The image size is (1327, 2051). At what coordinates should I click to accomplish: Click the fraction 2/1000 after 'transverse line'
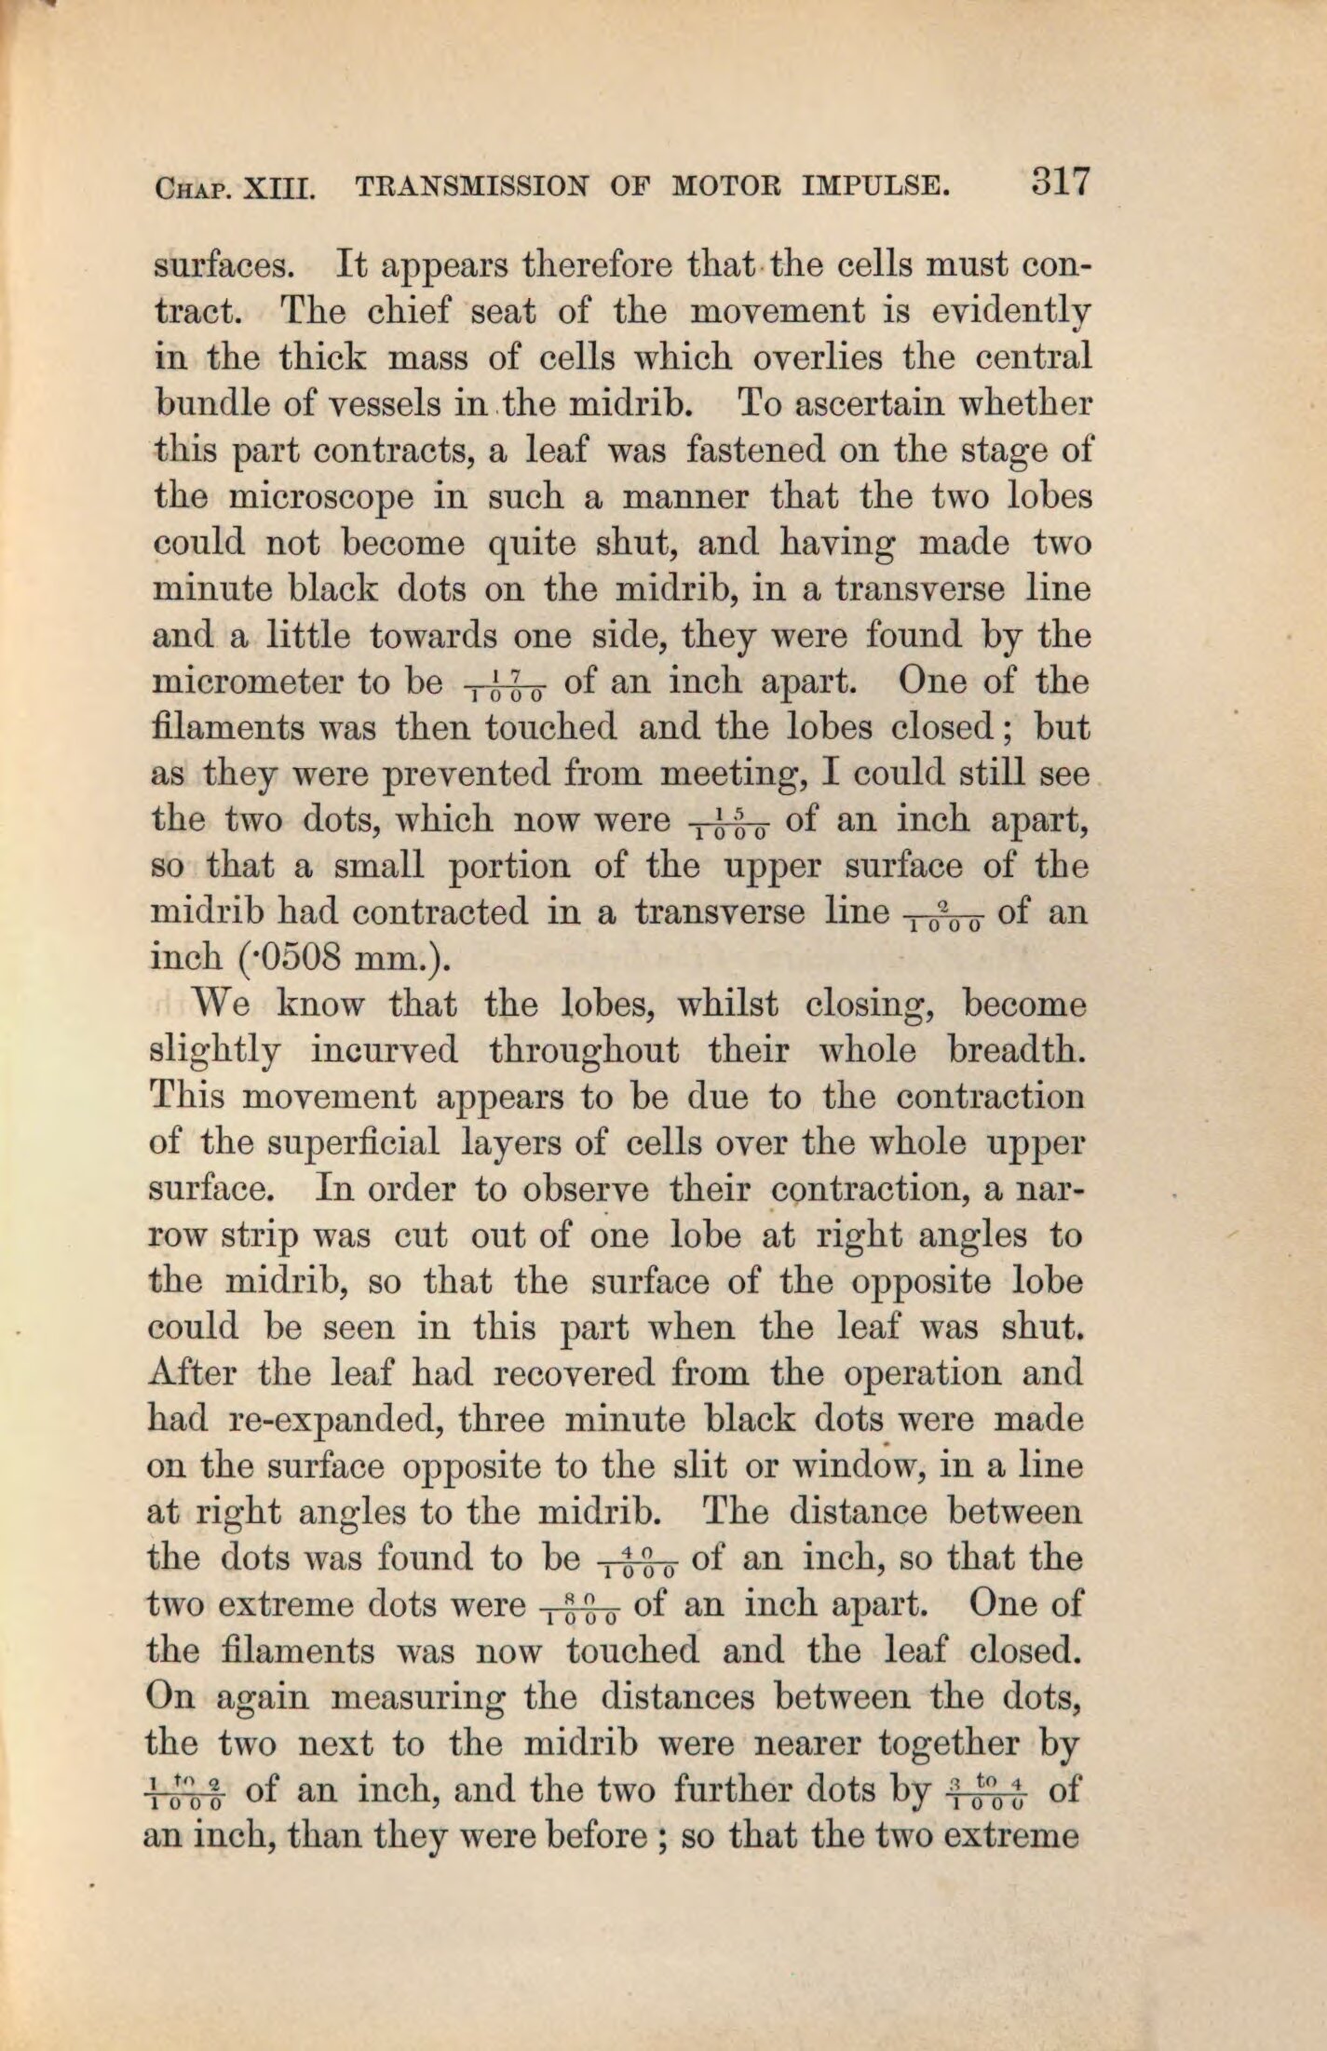tap(944, 919)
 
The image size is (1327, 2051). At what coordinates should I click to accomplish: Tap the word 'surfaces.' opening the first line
tap(223, 266)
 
